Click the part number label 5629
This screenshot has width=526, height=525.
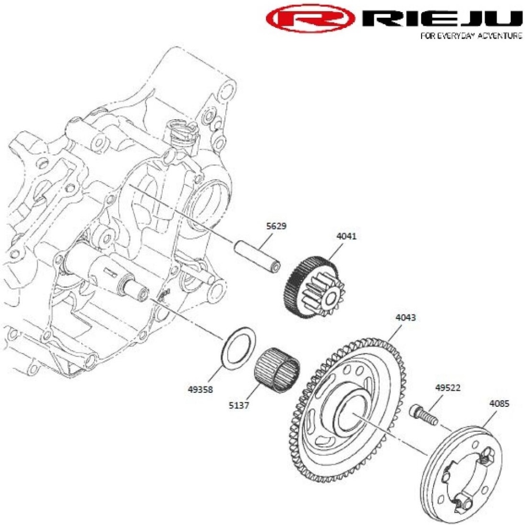[x=276, y=227]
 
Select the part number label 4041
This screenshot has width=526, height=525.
[x=346, y=236]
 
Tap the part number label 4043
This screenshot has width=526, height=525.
[x=405, y=318]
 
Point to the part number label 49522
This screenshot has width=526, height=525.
[x=448, y=388]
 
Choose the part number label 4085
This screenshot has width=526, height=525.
[x=499, y=404]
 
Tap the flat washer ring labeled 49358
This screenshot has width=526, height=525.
[x=239, y=346]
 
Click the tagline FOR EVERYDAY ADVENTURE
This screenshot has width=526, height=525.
[x=471, y=37]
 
